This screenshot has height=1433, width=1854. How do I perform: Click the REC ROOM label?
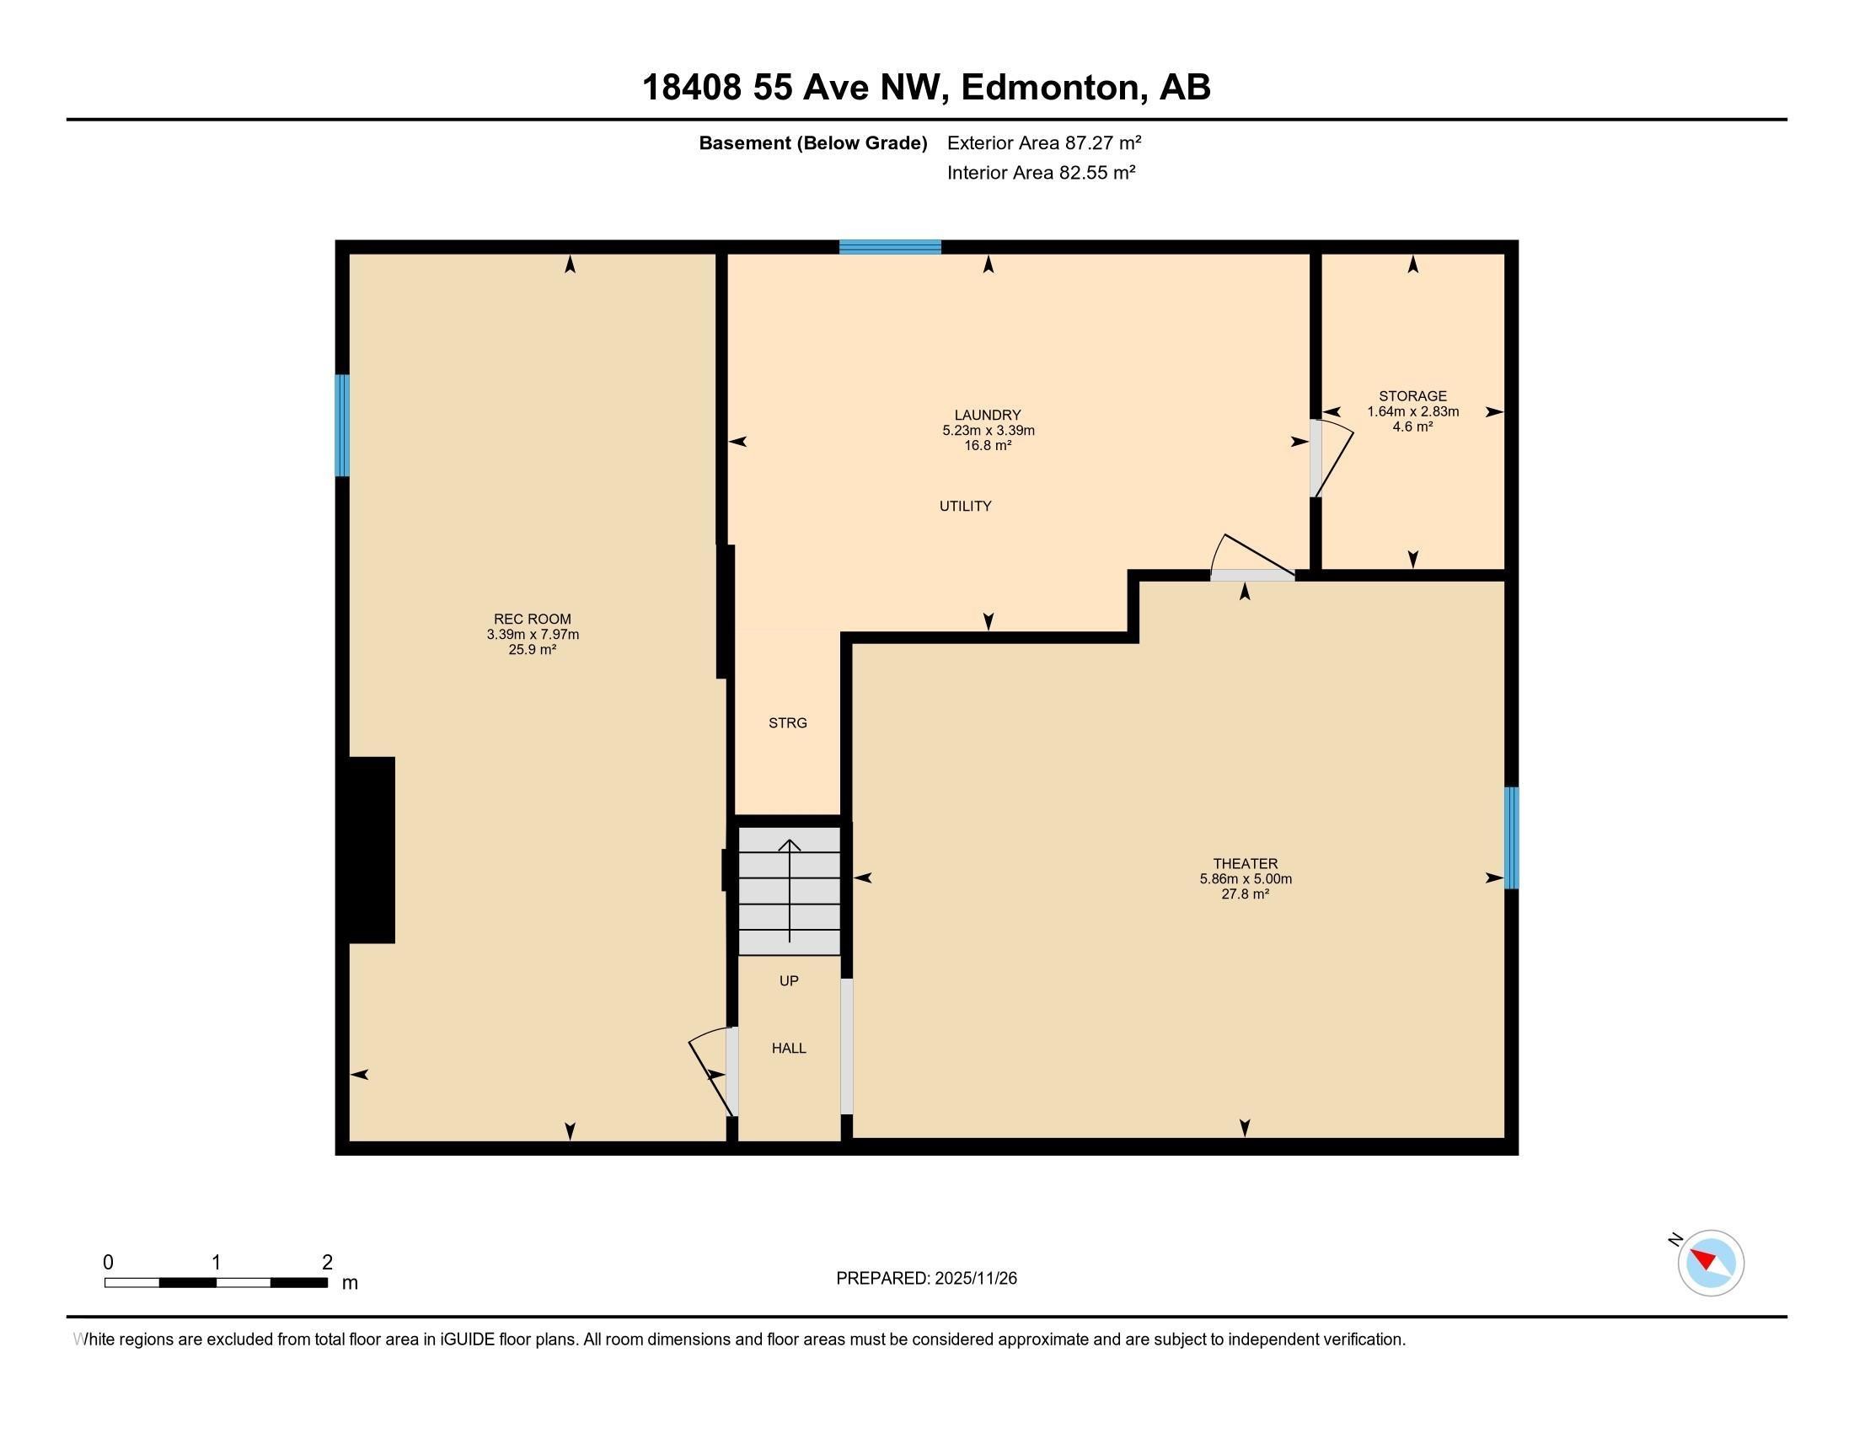[x=533, y=619]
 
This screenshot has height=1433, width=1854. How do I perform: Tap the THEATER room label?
[x=1245, y=863]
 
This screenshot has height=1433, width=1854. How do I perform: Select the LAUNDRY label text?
[x=988, y=415]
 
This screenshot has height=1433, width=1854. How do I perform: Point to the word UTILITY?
[x=965, y=506]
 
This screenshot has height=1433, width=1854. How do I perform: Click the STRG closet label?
[x=787, y=723]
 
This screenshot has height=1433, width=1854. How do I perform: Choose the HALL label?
[x=789, y=1049]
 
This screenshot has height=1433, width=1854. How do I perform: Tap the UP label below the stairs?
[x=789, y=980]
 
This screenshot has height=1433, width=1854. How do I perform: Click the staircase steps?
[x=790, y=891]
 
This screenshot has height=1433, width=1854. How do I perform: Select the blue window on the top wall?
[x=890, y=247]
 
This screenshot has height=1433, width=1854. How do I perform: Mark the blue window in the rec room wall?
[x=342, y=426]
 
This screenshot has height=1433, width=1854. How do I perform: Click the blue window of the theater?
[x=1511, y=838]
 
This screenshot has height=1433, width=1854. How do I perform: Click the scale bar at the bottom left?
[x=217, y=1282]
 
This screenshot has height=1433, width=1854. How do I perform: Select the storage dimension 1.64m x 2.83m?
[x=1412, y=411]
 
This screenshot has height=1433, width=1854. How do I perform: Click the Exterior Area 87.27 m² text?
[x=1043, y=142]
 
